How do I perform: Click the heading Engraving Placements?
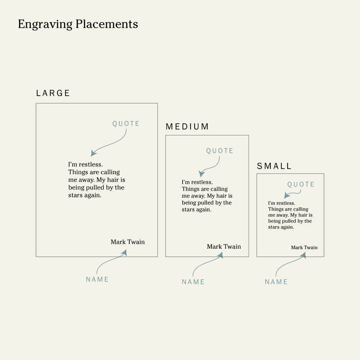click(78, 24)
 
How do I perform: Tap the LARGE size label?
click(53, 93)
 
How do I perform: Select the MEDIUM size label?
click(187, 127)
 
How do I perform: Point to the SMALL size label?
click(274, 166)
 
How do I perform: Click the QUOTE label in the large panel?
click(126, 124)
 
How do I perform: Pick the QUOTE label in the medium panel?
click(220, 151)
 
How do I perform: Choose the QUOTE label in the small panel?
click(301, 184)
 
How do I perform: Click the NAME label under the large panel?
click(97, 279)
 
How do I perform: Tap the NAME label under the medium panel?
click(193, 282)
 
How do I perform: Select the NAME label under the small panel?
click(276, 282)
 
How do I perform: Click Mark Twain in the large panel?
click(127, 242)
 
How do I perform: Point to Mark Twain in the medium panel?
click(224, 246)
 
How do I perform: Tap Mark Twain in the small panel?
click(304, 247)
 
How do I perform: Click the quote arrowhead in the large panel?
click(93, 153)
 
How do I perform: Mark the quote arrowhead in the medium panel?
click(201, 174)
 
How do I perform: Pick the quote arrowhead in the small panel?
click(286, 195)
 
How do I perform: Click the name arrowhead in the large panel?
click(124, 253)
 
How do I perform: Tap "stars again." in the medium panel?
click(196, 210)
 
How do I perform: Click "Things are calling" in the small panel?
click(288, 209)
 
